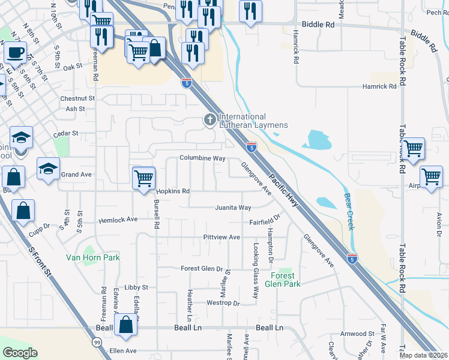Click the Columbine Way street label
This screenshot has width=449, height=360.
[x=202, y=158]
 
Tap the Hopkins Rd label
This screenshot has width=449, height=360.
[x=173, y=191]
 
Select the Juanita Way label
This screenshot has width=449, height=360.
[x=234, y=208]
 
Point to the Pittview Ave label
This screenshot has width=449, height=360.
[x=221, y=237]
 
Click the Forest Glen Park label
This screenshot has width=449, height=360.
[x=285, y=280]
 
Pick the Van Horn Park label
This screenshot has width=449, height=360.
[x=93, y=257]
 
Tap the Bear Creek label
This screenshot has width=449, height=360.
[x=349, y=211]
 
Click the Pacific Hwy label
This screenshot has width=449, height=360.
[x=283, y=191]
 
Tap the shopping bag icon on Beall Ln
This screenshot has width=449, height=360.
[x=126, y=325]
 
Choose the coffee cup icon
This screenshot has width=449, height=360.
[x=15, y=52]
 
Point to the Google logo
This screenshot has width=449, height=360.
[x=20, y=353]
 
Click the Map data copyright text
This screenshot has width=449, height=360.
[x=424, y=355]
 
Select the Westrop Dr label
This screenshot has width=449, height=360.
[x=223, y=303]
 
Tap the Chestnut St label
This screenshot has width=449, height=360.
[x=77, y=98]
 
